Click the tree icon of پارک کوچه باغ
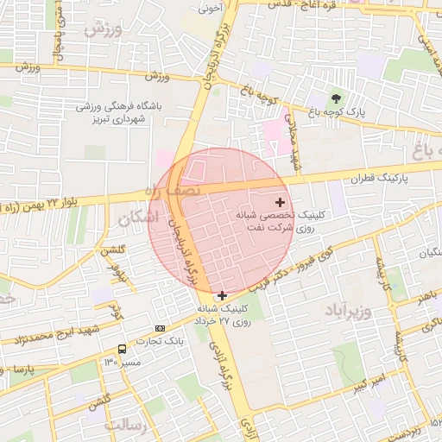pos(336,98)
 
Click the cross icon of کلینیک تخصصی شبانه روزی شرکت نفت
pos(279,201)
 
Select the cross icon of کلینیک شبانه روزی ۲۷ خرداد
pos(223,295)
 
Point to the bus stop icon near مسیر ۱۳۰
pos(122,350)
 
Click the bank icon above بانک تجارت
pos(161,329)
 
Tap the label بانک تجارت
pos(160,343)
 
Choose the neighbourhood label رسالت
pos(126,426)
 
